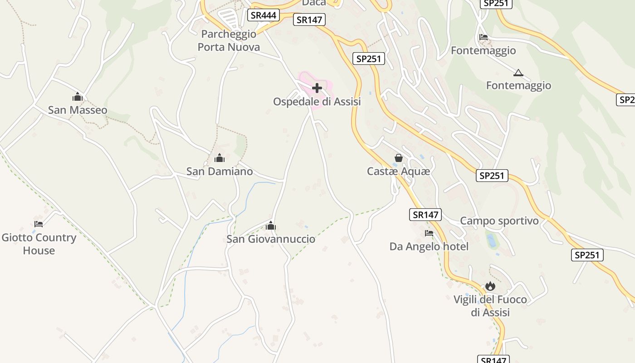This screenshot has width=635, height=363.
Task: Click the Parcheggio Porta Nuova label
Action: [229, 40]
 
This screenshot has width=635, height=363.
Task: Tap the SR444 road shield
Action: [263, 15]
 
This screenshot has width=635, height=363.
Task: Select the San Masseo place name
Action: [78, 110]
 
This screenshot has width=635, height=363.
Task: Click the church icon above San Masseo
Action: [78, 97]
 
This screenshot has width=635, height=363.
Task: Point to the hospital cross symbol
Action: [317, 88]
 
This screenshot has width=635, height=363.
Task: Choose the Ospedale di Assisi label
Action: [317, 102]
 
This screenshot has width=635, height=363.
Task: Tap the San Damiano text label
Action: [220, 172]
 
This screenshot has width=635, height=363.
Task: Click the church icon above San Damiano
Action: [220, 158]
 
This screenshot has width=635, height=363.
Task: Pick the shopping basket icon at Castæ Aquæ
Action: [399, 158]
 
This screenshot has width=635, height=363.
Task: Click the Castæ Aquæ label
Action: [399, 172]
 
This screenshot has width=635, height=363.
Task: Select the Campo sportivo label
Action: [499, 221]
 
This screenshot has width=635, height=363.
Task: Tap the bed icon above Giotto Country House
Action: [39, 224]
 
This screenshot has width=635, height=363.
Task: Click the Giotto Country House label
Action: [39, 244]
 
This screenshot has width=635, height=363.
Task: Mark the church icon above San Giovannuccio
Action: [271, 226]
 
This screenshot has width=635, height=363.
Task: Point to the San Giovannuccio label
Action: [271, 239]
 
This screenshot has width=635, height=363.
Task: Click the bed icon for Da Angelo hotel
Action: [429, 233]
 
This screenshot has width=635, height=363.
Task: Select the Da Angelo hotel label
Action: [429, 247]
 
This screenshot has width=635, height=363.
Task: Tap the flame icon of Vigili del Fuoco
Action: [490, 286]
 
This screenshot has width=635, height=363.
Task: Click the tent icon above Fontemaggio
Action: [518, 73]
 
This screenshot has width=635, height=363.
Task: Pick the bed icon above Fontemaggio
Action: [484, 37]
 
